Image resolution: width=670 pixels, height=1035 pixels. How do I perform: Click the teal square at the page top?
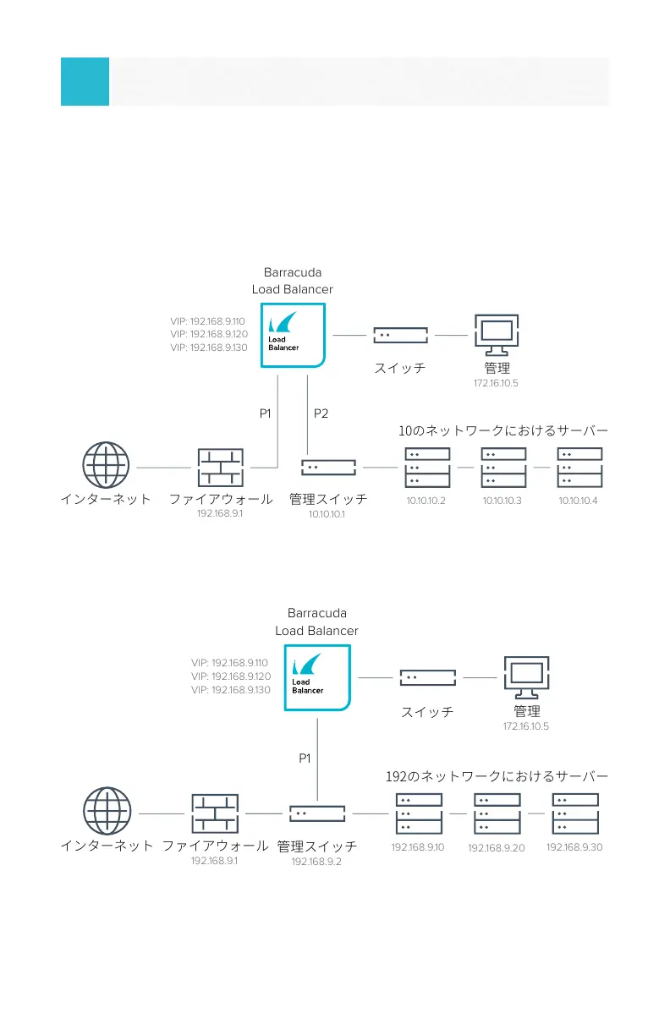pyautogui.click(x=85, y=81)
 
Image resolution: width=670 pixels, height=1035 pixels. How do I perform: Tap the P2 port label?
pyautogui.click(x=321, y=413)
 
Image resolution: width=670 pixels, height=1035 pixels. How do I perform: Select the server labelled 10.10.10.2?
pyautogui.click(x=424, y=468)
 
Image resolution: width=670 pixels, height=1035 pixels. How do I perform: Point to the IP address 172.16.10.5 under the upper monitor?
pyautogui.click(x=496, y=383)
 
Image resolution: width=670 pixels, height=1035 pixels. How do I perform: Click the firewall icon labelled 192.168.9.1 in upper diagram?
pyautogui.click(x=220, y=468)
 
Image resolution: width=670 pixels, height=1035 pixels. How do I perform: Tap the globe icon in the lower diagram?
pyautogui.click(x=107, y=813)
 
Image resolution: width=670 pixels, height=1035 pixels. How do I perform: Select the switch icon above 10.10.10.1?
pyautogui.click(x=328, y=467)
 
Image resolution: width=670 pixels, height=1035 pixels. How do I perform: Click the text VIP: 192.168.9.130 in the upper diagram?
pyautogui.click(x=208, y=348)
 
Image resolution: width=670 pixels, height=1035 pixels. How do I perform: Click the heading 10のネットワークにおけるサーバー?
pyautogui.click(x=503, y=431)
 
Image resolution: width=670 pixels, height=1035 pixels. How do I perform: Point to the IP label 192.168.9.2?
pyautogui.click(x=316, y=862)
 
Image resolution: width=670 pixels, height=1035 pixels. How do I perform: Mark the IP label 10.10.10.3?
pyautogui.click(x=502, y=501)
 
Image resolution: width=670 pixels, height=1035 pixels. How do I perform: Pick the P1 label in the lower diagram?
pyautogui.click(x=305, y=758)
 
